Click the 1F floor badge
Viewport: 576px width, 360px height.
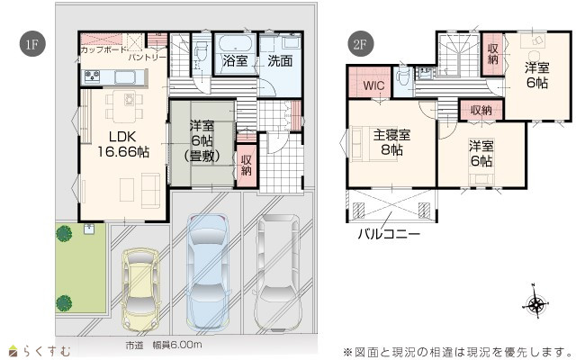[32, 44]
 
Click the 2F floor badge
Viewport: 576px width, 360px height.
[360, 44]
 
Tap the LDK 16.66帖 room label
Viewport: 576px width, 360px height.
[123, 144]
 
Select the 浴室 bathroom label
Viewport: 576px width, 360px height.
[235, 60]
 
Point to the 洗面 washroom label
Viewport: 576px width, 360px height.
[280, 60]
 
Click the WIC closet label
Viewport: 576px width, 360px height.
[373, 85]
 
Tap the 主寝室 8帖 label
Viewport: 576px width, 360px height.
[392, 142]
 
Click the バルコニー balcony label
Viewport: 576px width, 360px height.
[389, 234]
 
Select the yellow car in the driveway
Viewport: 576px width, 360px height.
[140, 290]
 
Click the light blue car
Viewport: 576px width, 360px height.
[208, 273]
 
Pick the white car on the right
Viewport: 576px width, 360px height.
[277, 273]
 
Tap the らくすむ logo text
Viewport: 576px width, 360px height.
[47, 351]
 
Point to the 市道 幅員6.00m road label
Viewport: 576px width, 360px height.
[164, 346]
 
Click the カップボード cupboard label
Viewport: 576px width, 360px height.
[103, 49]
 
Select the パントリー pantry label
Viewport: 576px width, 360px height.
[147, 58]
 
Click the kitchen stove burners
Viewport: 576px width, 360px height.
[92, 76]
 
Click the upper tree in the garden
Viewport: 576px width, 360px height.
[64, 234]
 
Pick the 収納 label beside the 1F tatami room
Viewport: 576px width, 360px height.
[247, 165]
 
